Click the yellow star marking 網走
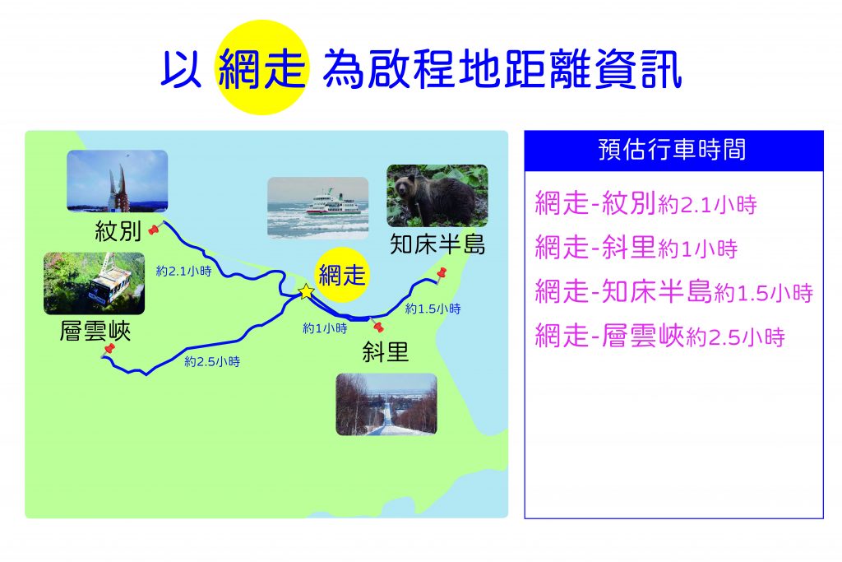pos(306,292)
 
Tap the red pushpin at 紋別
pos(154,230)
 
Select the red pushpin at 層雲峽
pos(109,349)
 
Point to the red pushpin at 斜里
pos(378,326)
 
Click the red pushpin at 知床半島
pos(442,273)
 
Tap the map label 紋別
pos(118,231)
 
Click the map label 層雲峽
pos(95,331)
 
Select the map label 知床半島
pos(437,244)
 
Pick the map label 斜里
pos(385,352)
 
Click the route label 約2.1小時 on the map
pos(183,272)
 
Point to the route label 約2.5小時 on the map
pos(212,361)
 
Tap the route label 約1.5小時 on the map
pos(433,309)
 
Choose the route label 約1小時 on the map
pos(325,328)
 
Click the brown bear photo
pos(437,196)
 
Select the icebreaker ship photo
pos(318,208)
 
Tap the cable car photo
pos(94,284)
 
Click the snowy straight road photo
pos(386,404)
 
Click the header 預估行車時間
pos(673,150)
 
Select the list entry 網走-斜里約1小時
pos(636,248)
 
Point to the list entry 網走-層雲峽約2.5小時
pos(660,337)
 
